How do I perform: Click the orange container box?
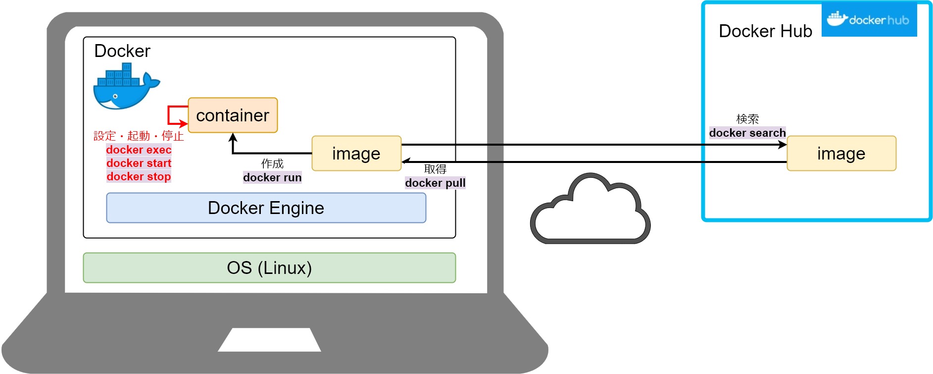(x=233, y=115)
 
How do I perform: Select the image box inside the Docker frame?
(x=356, y=154)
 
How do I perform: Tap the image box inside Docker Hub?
(x=841, y=154)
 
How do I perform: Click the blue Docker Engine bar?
(x=266, y=208)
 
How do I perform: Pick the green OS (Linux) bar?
(x=269, y=268)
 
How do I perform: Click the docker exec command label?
(x=139, y=150)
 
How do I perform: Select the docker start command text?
(x=139, y=163)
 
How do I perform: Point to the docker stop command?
(x=139, y=176)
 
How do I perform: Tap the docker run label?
(x=272, y=177)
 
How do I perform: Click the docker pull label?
(x=435, y=183)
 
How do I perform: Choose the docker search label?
(x=747, y=133)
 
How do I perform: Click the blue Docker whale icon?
(x=125, y=87)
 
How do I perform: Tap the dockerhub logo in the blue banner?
(x=869, y=20)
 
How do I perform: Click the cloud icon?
(x=590, y=211)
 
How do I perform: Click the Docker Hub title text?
(x=765, y=31)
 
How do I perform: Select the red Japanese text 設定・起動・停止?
(x=139, y=136)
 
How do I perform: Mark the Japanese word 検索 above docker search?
(x=747, y=119)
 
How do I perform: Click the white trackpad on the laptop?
(x=269, y=340)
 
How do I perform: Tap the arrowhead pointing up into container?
(x=233, y=137)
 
